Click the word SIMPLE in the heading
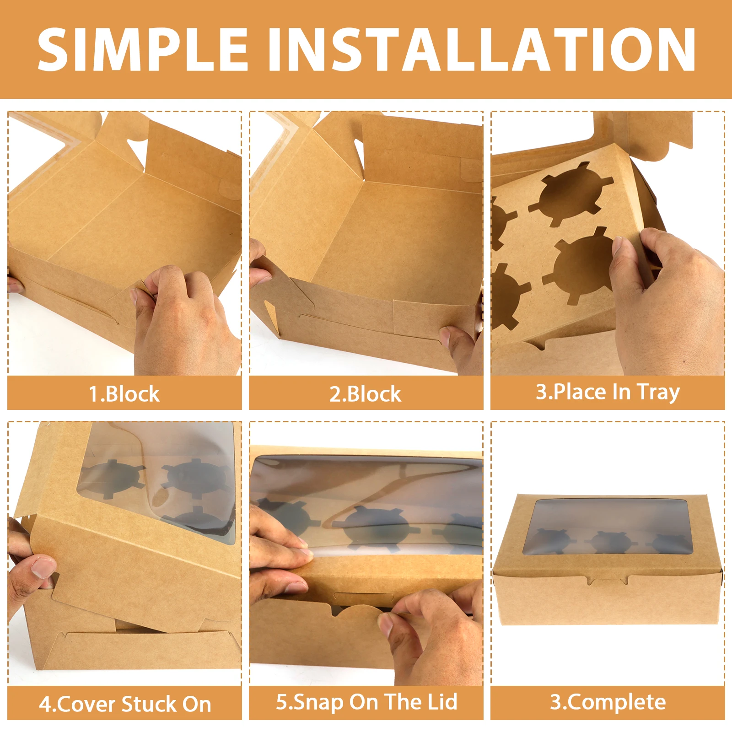(143, 49)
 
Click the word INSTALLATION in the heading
(481, 49)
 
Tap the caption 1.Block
(124, 394)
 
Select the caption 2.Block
(365, 394)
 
